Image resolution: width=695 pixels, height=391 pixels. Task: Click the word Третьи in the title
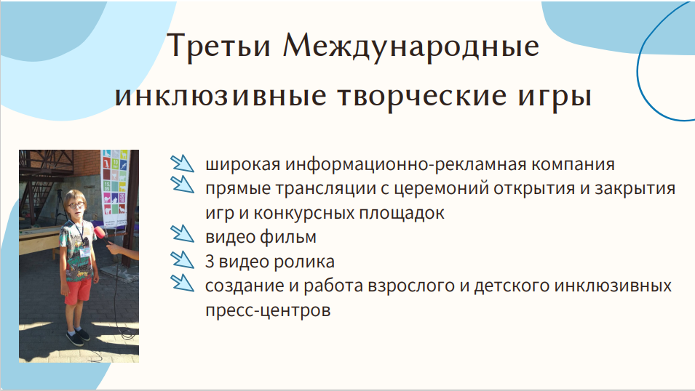pyautogui.click(x=219, y=46)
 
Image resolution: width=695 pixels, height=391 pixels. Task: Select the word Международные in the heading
pyautogui.click(x=411, y=46)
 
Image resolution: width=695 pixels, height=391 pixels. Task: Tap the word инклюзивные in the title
pyautogui.click(x=221, y=96)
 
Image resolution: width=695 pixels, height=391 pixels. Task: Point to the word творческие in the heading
pyautogui.click(x=421, y=96)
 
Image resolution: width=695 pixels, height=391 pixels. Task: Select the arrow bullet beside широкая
pyautogui.click(x=182, y=163)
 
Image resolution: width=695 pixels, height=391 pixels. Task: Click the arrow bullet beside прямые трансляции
pyautogui.click(x=182, y=184)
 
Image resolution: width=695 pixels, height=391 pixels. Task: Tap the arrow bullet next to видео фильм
pyautogui.click(x=182, y=233)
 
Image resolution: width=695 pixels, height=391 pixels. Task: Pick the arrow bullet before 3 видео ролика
pyautogui.click(x=182, y=259)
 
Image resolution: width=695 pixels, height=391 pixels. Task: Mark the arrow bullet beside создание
pyautogui.click(x=182, y=283)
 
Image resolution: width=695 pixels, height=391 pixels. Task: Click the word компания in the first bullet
pyautogui.click(x=573, y=165)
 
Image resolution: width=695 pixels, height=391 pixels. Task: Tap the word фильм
pyautogui.click(x=288, y=237)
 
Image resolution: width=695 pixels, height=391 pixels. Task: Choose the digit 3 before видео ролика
pyautogui.click(x=210, y=261)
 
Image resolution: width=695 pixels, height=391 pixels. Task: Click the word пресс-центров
pyautogui.click(x=268, y=310)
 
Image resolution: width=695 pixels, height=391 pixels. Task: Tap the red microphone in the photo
pyautogui.click(x=100, y=233)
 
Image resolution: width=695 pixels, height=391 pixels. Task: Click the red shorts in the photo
pyautogui.click(x=78, y=291)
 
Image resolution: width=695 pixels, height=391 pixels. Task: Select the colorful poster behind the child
pyautogui.click(x=114, y=188)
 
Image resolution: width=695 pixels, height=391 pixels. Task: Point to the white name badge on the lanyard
pyautogui.click(x=84, y=252)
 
